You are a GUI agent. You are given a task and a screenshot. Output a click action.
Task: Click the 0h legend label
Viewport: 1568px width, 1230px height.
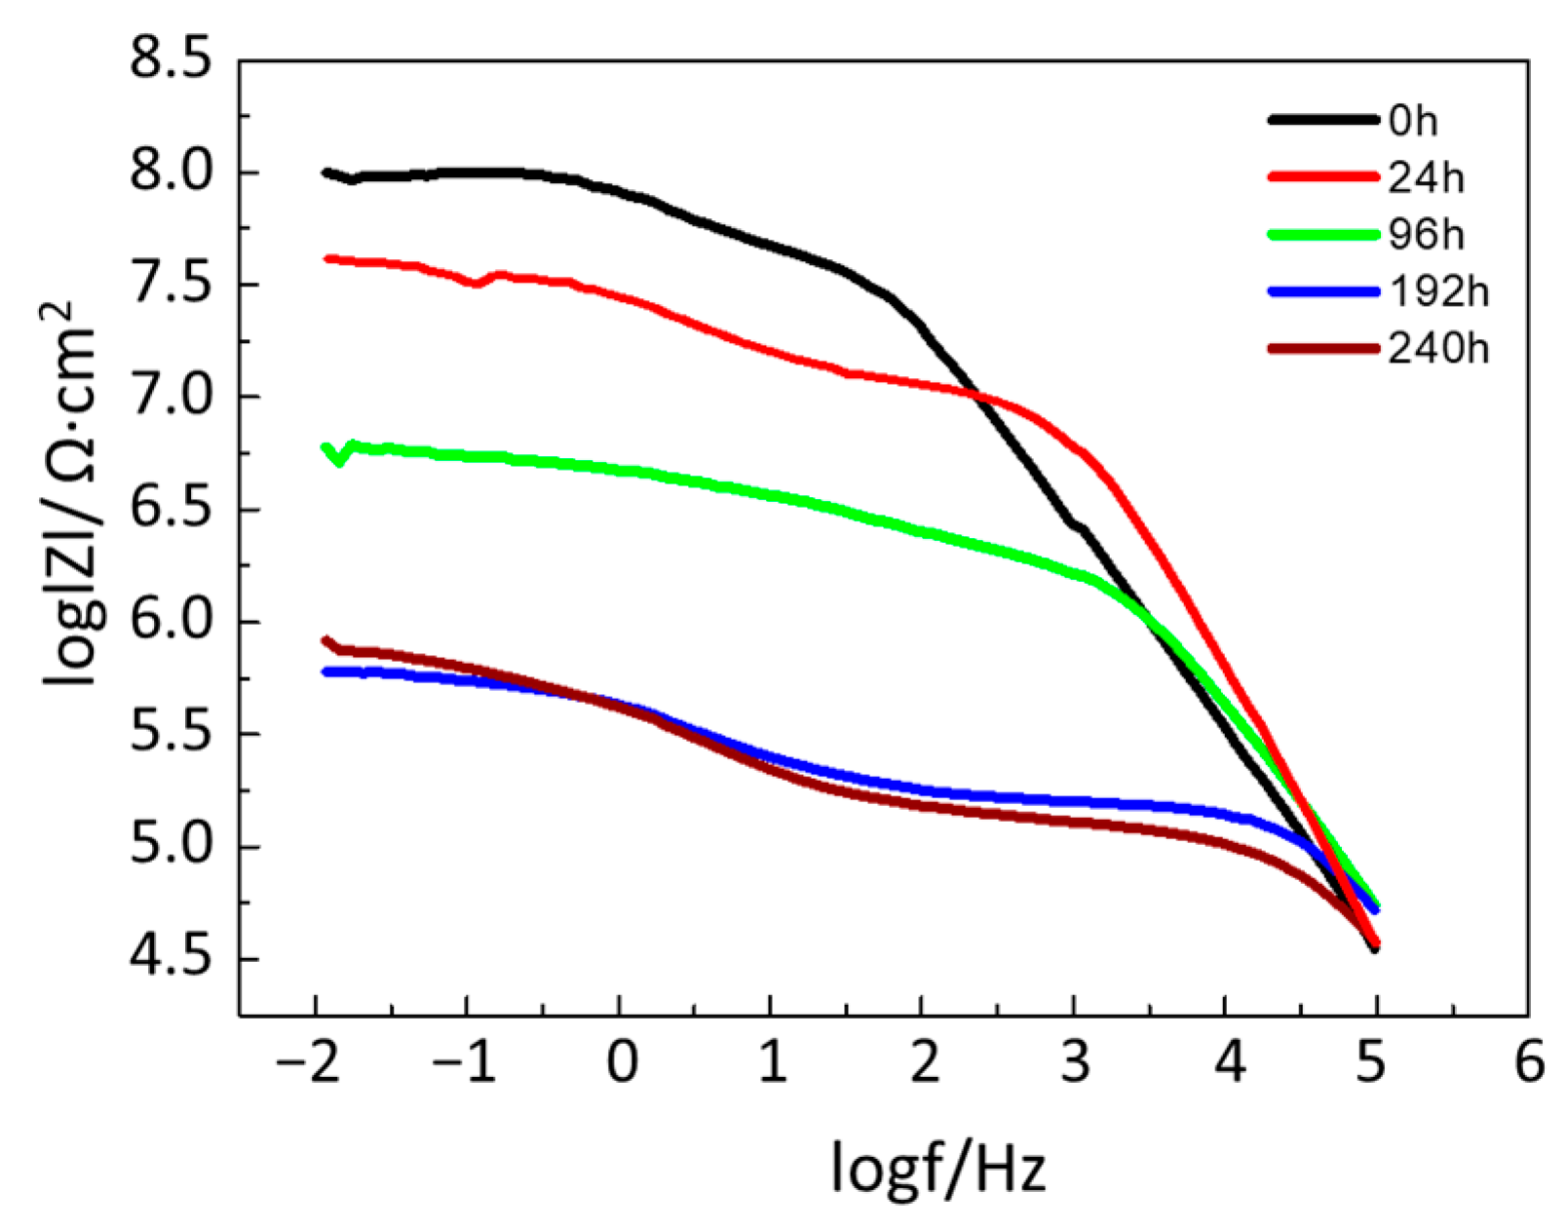[1413, 121]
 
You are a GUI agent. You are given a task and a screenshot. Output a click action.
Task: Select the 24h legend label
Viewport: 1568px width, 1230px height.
[1426, 177]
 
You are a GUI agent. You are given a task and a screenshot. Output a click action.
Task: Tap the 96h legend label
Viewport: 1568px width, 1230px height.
[1426, 235]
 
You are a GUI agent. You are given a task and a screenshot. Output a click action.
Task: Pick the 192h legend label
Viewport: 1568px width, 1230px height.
[1438, 291]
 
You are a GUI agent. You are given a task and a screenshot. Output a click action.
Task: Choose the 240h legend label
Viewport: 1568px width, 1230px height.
[1438, 348]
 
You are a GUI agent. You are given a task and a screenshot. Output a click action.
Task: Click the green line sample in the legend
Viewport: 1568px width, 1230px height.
[1323, 235]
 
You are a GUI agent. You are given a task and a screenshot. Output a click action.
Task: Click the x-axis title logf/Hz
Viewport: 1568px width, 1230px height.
[938, 1167]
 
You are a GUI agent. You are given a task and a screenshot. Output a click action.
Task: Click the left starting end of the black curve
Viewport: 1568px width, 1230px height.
[325, 173]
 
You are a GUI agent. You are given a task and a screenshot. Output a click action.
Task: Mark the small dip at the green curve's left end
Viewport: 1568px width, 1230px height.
[338, 460]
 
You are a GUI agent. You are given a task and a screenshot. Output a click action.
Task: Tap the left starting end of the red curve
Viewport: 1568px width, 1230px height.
[326, 258]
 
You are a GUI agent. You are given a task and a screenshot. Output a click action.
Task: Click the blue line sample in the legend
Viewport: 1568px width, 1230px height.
[1323, 291]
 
